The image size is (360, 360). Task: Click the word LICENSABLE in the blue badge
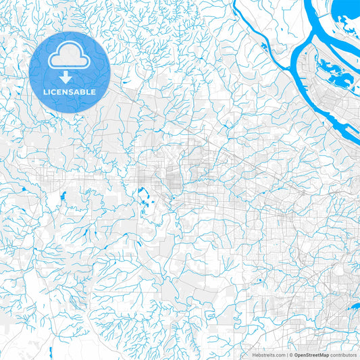(x=70, y=92)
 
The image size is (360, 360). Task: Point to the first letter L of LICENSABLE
(x=45, y=92)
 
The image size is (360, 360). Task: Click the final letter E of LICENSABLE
(x=94, y=92)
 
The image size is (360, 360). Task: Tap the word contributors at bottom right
(x=343, y=355)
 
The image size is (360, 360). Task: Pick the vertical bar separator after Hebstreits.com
(x=286, y=355)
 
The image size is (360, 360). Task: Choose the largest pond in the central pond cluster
(x=143, y=197)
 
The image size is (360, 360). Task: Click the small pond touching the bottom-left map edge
(x=50, y=352)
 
